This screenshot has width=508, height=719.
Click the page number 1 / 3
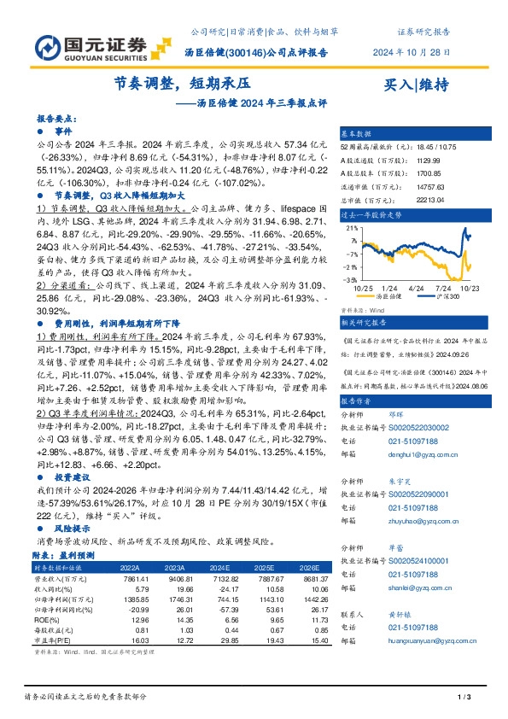point(465,699)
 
